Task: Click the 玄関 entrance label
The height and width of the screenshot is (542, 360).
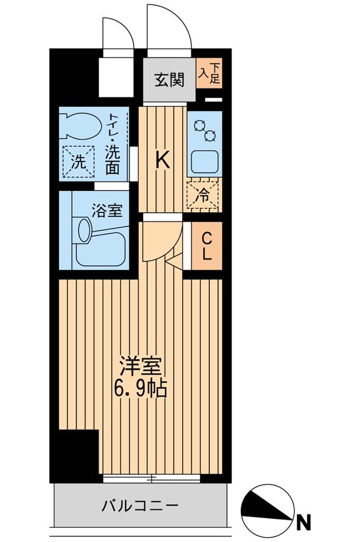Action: (x=170, y=80)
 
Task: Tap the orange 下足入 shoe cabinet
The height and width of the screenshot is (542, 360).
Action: (x=209, y=73)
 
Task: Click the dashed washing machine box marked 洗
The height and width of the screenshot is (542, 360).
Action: (x=78, y=162)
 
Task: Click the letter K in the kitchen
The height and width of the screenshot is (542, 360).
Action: (x=163, y=160)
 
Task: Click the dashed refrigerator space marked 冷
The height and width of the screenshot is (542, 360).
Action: (x=203, y=196)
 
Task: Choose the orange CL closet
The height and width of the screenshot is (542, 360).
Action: (x=207, y=246)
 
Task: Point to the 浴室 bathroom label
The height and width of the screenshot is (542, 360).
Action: (x=107, y=211)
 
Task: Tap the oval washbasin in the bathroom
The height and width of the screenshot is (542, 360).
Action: (x=84, y=230)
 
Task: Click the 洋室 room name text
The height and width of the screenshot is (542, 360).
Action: (x=140, y=367)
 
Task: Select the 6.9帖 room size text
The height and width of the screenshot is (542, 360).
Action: (x=141, y=390)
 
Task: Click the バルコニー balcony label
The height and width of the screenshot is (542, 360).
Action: (x=140, y=506)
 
